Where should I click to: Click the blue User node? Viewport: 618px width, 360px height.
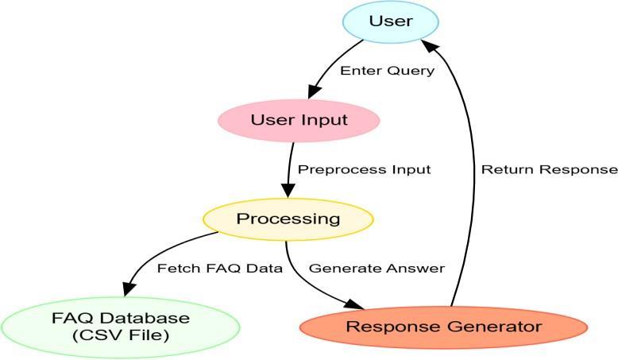[x=391, y=21]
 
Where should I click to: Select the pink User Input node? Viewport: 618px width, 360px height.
[x=299, y=121]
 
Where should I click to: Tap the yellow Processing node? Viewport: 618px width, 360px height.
[x=288, y=218]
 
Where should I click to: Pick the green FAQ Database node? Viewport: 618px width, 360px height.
[x=121, y=326]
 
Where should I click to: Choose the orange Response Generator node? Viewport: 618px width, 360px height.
[x=443, y=326]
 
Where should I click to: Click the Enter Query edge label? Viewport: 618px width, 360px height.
[x=388, y=71]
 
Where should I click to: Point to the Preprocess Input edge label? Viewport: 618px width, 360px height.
[x=364, y=169]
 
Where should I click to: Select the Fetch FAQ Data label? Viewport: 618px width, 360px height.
[x=220, y=268]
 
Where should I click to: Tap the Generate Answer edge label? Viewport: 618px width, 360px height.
[x=377, y=268]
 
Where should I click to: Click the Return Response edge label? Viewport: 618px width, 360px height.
[x=549, y=169]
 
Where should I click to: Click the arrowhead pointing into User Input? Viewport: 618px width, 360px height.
[x=312, y=93]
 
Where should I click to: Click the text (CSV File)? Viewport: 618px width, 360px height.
[x=121, y=335]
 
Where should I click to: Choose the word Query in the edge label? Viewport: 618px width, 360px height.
[x=416, y=71]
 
